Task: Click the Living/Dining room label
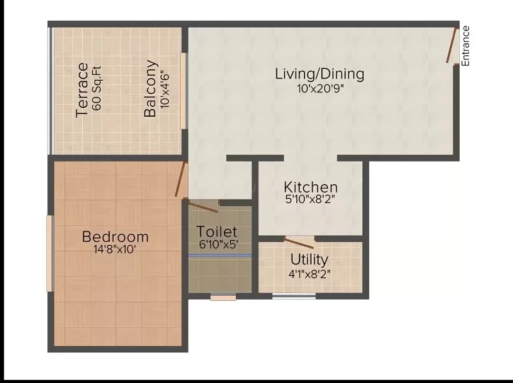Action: (x=319, y=74)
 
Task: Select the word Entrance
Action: (x=466, y=46)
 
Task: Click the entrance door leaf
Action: (x=452, y=45)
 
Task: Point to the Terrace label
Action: (x=82, y=90)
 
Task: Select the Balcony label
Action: (x=151, y=89)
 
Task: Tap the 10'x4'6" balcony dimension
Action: (x=165, y=89)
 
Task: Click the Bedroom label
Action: (x=115, y=237)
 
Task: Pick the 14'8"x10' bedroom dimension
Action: (x=115, y=250)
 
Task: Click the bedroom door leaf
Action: (x=181, y=179)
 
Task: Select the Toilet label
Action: (x=217, y=231)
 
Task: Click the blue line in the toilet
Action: (x=219, y=255)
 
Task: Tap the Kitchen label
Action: (x=310, y=187)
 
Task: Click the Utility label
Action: (x=309, y=260)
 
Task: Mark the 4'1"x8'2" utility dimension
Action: (x=309, y=273)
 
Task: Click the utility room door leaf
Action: (x=299, y=242)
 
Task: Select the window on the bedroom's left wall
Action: (x=49, y=253)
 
